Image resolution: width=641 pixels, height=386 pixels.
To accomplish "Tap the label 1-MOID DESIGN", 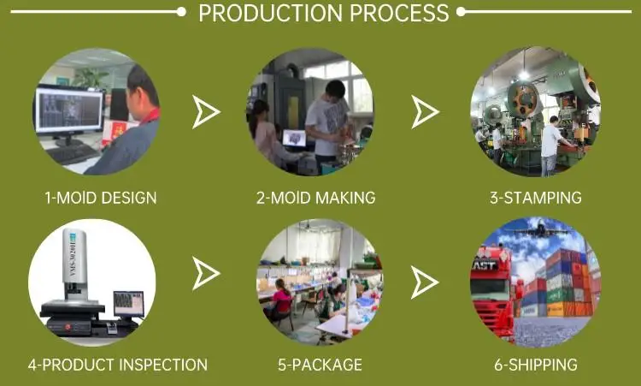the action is tap(101, 198).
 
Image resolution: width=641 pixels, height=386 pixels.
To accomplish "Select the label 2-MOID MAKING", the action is tap(315, 198).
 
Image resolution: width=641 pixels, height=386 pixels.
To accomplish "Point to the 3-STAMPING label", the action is tap(535, 198).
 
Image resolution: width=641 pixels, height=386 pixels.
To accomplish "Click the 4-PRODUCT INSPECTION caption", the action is tap(117, 365).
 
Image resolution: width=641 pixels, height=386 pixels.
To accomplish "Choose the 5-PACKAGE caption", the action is tap(320, 365).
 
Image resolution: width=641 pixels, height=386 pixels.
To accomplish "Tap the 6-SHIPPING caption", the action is tap(536, 365).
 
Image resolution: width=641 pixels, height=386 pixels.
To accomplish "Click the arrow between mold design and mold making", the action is tap(206, 112).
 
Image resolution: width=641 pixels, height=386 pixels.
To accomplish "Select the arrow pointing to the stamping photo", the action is tap(425, 112).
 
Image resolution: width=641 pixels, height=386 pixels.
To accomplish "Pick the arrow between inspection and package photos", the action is tap(206, 273).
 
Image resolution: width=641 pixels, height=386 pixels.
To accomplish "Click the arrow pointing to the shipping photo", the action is tap(425, 280).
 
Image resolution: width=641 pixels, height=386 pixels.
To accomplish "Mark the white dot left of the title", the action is tap(180, 12).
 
